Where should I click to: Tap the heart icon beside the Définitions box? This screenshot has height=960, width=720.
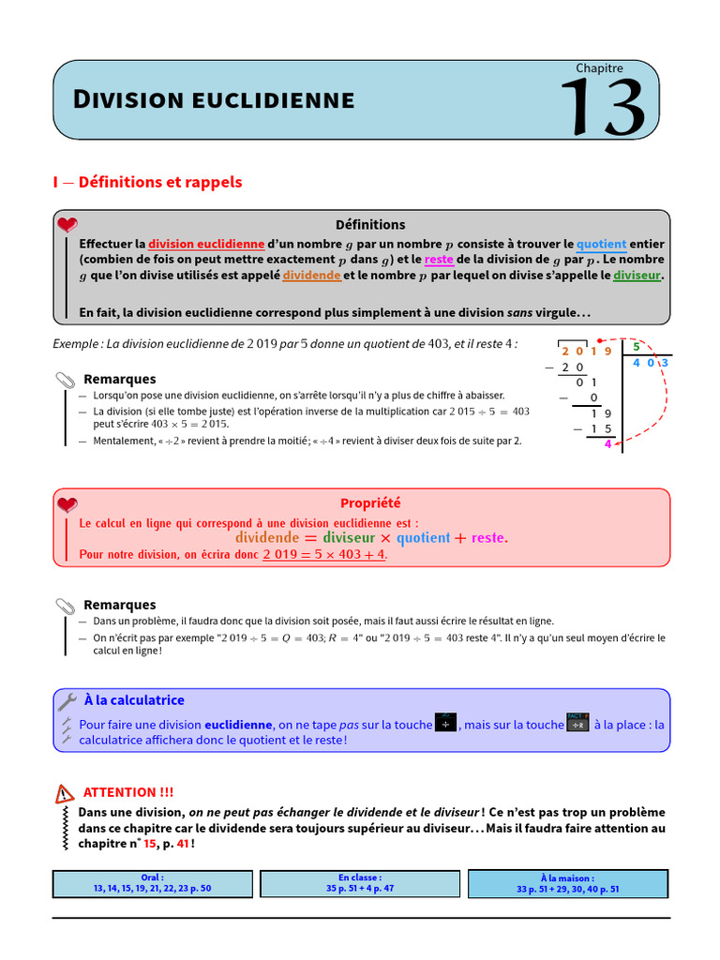(67, 225)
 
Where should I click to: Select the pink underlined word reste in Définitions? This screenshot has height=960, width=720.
(438, 259)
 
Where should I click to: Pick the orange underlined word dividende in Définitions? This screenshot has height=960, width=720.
(311, 276)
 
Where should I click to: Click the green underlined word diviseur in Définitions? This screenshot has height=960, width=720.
(637, 276)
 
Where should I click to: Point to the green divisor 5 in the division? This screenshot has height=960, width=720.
(637, 347)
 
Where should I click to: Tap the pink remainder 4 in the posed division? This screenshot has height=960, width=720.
(607, 444)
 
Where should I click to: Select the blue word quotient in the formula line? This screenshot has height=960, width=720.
(423, 538)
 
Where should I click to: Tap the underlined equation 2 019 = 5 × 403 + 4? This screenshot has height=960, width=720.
(324, 555)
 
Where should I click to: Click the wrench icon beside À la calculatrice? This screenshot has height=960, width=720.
(67, 701)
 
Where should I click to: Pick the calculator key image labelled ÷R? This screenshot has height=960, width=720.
(577, 724)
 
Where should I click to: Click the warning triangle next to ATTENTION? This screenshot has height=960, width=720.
(65, 794)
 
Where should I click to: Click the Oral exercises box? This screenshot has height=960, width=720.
(152, 883)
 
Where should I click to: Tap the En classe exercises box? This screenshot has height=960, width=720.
(360, 883)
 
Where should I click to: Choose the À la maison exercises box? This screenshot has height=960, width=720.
(567, 883)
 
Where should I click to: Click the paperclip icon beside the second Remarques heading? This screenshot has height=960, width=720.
(66, 606)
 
